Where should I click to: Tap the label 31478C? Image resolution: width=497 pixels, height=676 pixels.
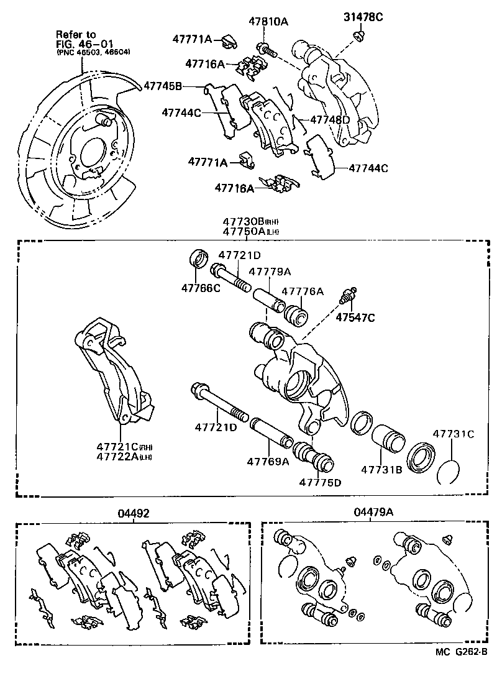tap(363, 17)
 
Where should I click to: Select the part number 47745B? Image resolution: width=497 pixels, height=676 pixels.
tap(163, 86)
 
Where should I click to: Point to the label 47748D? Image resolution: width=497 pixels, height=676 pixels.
tap(330, 119)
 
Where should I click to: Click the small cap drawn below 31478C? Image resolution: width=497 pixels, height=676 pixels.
tap(359, 35)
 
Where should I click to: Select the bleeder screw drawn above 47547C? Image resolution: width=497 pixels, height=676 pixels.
tap(347, 296)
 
